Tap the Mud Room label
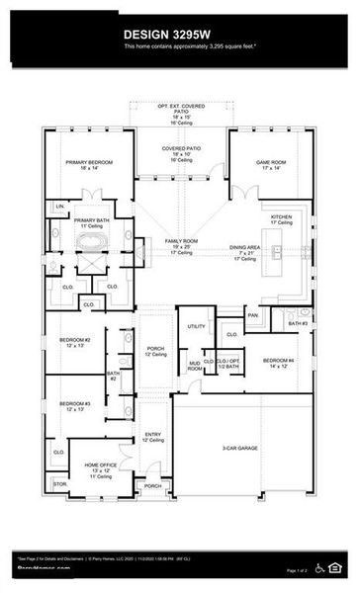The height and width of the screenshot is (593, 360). [x=195, y=367]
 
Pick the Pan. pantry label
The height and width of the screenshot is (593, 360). [x=253, y=315]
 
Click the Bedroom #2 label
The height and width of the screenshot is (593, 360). [x=74, y=342]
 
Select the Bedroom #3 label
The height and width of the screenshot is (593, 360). [x=74, y=405]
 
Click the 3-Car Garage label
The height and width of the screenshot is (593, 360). [x=240, y=448]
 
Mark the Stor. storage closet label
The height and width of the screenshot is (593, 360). [x=61, y=484]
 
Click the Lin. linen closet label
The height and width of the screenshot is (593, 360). [x=60, y=205]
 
